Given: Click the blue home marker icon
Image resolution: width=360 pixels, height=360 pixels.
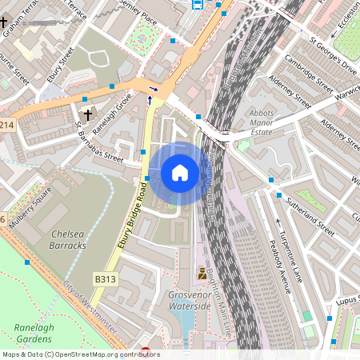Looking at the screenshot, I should [x=180, y=172].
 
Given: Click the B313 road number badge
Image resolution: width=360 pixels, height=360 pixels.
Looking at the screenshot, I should [x=106, y=278].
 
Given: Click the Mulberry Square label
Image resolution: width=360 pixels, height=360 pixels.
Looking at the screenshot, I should [x=31, y=205].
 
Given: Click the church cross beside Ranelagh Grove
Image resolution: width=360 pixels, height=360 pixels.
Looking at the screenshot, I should [x=87, y=115].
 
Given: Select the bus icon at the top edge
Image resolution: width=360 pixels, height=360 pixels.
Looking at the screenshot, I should [x=197, y=4].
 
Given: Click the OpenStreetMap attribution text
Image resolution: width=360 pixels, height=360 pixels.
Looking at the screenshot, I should [x=81, y=354].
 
